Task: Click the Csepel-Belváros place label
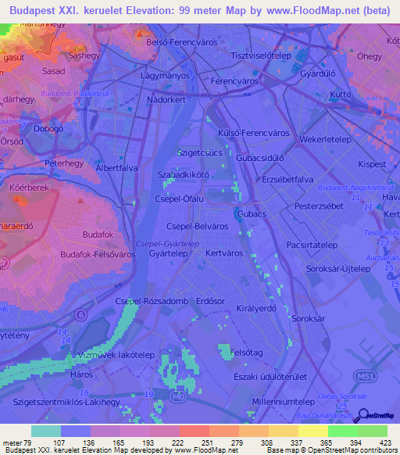(191, 226)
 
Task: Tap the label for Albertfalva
(117, 168)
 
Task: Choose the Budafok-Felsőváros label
(97, 255)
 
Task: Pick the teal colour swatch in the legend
(45, 431)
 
